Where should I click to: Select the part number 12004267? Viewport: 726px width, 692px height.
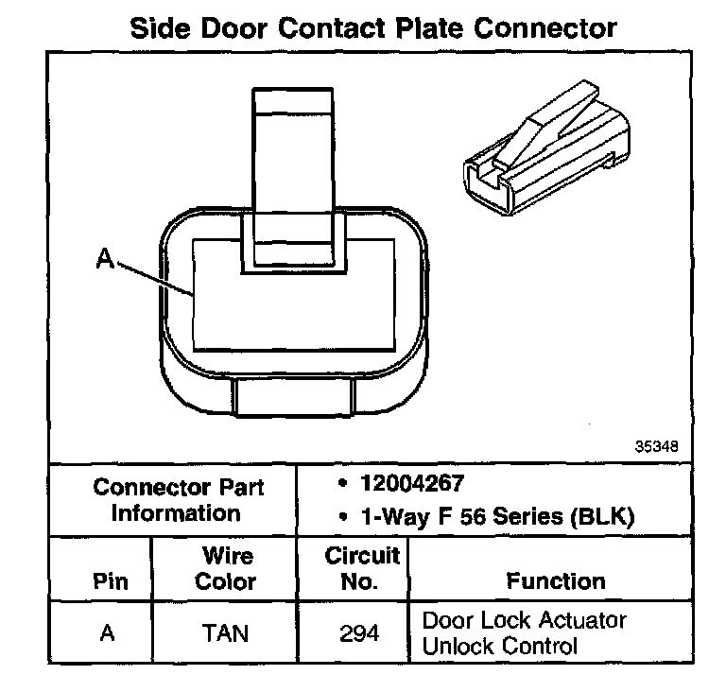click(x=412, y=484)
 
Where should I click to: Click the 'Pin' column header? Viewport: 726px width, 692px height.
click(x=109, y=580)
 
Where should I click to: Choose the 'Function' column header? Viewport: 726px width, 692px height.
click(x=556, y=580)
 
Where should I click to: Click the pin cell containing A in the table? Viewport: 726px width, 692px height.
click(x=108, y=632)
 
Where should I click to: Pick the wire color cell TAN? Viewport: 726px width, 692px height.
click(x=225, y=632)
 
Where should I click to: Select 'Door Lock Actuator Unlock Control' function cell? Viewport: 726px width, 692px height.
click(x=525, y=633)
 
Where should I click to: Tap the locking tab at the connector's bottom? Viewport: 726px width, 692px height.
click(x=293, y=397)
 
